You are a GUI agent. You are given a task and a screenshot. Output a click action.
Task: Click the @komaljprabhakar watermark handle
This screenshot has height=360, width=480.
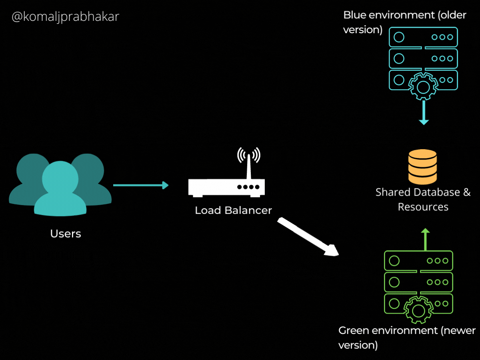pyautogui.click(x=65, y=17)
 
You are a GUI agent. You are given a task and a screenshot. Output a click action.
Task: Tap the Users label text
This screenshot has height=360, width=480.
pyautogui.click(x=66, y=234)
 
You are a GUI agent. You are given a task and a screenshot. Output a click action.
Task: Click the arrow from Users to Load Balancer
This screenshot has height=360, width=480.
pyautogui.click(x=140, y=185)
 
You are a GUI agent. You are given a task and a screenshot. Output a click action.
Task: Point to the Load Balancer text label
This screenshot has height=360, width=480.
pyautogui.click(x=233, y=210)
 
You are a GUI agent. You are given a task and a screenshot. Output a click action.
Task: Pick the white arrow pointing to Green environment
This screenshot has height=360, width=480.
pyautogui.click(x=308, y=237)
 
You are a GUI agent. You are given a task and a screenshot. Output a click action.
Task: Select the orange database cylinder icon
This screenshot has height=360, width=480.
pyautogui.click(x=422, y=167)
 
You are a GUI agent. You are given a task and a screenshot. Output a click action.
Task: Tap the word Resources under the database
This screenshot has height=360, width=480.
pyautogui.click(x=423, y=207)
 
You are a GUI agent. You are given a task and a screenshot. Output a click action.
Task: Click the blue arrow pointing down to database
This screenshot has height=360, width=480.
pyautogui.click(x=424, y=114)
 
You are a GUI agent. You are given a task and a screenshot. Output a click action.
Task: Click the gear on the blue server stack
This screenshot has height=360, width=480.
pyautogui.click(x=423, y=86)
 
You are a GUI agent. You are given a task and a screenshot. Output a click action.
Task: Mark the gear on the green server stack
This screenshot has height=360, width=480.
pyautogui.click(x=419, y=310)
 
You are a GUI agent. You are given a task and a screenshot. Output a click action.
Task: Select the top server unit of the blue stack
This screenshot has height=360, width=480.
pyautogui.click(x=423, y=37)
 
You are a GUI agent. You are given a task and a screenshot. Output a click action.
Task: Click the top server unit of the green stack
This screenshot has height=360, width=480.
pyautogui.click(x=418, y=261)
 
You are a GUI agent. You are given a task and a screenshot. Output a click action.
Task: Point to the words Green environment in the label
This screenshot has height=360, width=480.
pyautogui.click(x=382, y=331)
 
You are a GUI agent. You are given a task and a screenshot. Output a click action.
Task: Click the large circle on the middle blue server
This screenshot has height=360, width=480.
pyautogui.click(x=399, y=58)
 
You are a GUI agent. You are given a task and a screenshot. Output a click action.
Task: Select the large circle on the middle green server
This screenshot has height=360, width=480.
pyautogui.click(x=394, y=282)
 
